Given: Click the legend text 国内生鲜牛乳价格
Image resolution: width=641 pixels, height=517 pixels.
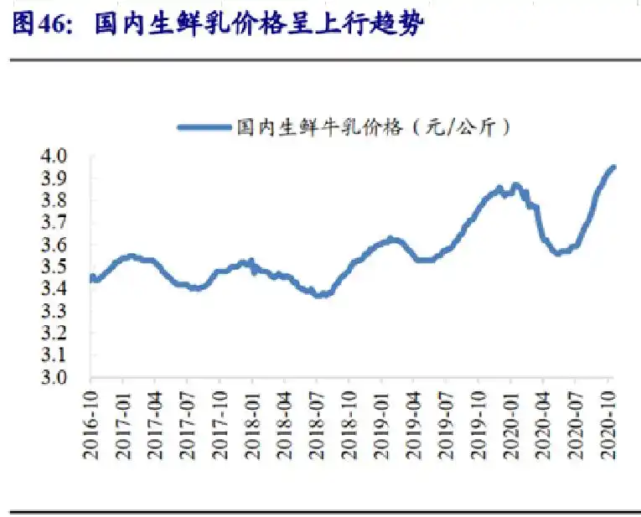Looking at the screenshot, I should pyautogui.click(x=318, y=127).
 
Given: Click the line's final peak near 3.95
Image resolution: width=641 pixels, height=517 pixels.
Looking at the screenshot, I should pyautogui.click(x=613, y=167).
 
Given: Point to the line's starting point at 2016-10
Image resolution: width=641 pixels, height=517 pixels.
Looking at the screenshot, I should pyautogui.click(x=91, y=277).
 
